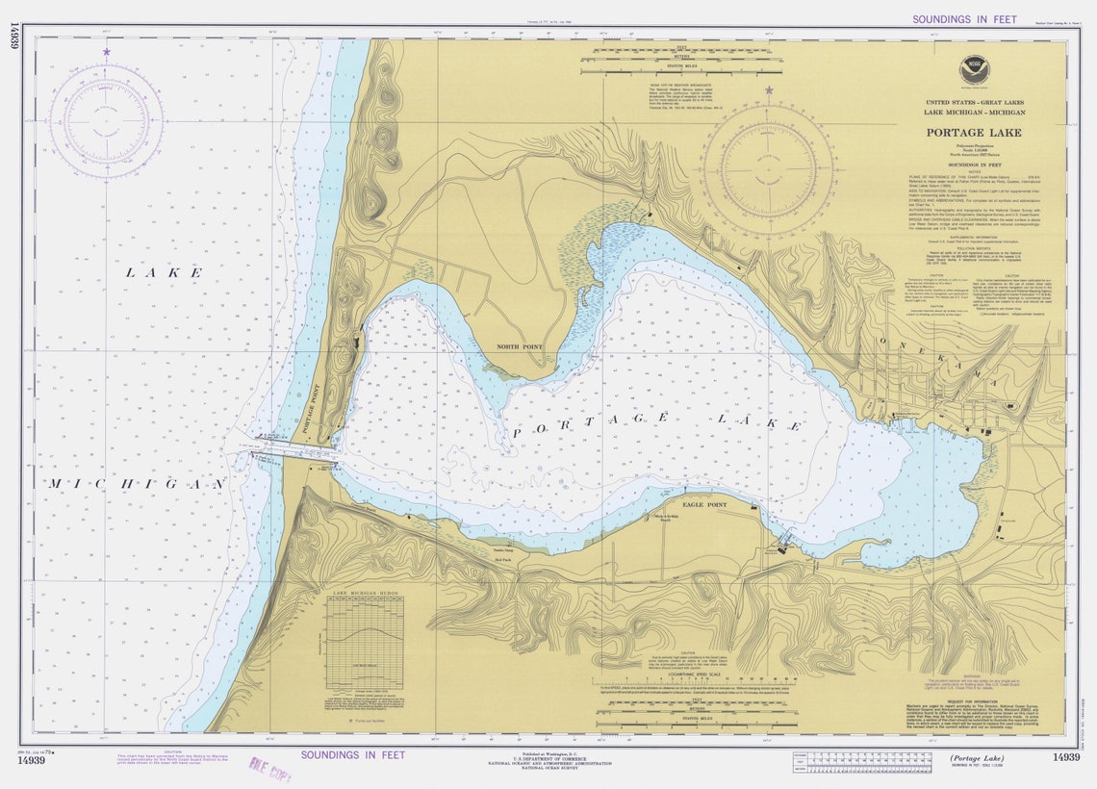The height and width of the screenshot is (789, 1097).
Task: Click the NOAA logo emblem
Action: pyautogui.click(x=974, y=70)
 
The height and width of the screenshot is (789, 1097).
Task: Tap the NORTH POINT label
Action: pyautogui.click(x=520, y=346)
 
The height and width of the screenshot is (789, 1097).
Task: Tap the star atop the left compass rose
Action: pyautogui.click(x=106, y=52)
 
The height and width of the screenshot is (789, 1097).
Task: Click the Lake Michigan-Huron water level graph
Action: pyautogui.click(x=365, y=645)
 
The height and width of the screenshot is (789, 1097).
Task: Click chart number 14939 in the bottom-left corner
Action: pyautogui.click(x=31, y=759)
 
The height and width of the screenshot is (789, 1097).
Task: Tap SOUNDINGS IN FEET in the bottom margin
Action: pyautogui.click(x=352, y=755)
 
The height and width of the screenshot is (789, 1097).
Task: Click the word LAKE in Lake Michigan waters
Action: pyautogui.click(x=165, y=273)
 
